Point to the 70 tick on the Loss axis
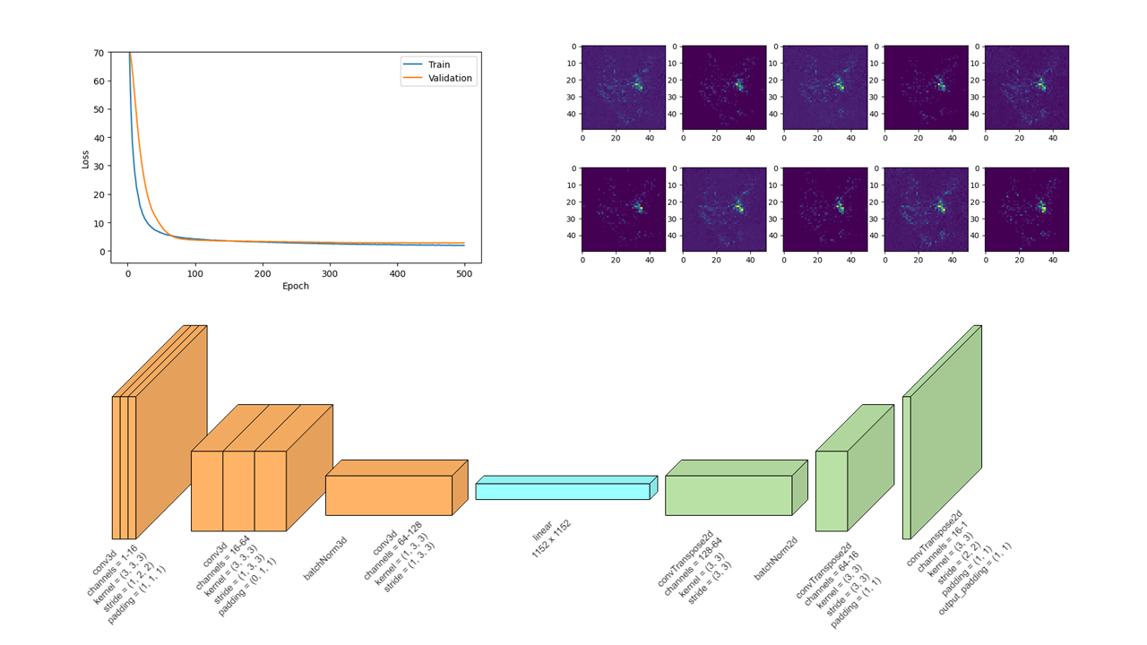coord(98,53)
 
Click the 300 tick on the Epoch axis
coord(330,273)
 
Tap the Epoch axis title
coord(296,287)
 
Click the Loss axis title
coord(86,159)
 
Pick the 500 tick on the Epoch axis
coord(464,273)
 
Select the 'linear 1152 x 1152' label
coord(551,537)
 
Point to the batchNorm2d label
coord(775,559)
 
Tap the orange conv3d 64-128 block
coord(389,495)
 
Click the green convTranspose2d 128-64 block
coord(729,495)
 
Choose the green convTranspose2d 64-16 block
coord(832,491)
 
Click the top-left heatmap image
coord(624,88)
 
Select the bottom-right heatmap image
coord(1027,210)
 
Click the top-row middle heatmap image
coord(825,88)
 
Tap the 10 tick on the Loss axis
coord(98,223)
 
